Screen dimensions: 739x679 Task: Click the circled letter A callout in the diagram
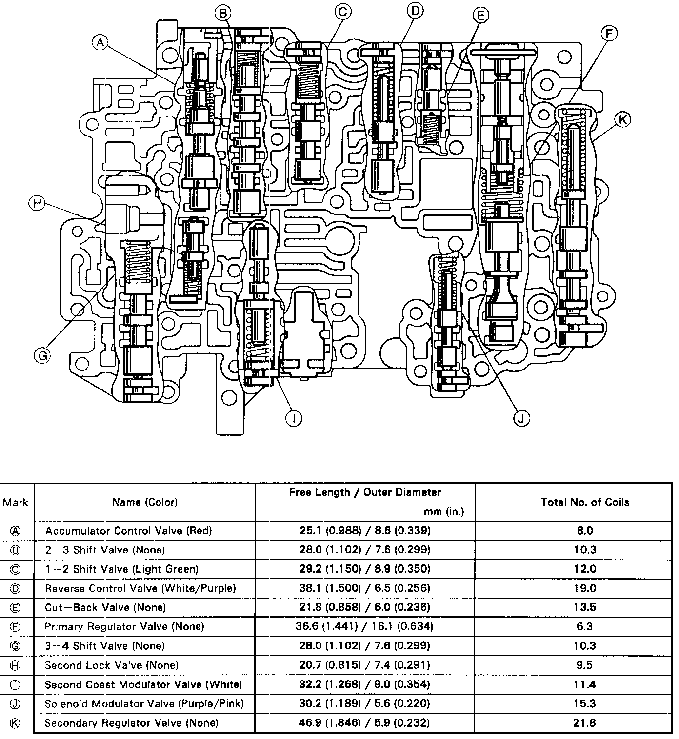pyautogui.click(x=100, y=43)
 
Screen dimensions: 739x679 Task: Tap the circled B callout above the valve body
pyautogui.click(x=223, y=13)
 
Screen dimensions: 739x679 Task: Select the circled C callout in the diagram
pyautogui.click(x=343, y=11)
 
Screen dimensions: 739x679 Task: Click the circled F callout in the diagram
pyautogui.click(x=609, y=34)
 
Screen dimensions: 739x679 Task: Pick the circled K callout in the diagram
pyautogui.click(x=623, y=119)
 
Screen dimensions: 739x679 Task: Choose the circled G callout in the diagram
pyautogui.click(x=42, y=356)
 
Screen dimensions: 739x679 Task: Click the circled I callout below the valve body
pyautogui.click(x=293, y=418)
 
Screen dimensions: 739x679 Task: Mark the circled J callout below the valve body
pyautogui.click(x=522, y=418)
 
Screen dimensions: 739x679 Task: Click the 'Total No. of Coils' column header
pyautogui.click(x=585, y=502)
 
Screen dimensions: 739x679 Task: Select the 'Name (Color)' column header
pyautogui.click(x=145, y=502)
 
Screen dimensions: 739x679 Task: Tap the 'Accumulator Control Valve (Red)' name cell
pyautogui.click(x=129, y=531)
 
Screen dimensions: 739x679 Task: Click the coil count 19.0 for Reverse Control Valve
pyautogui.click(x=584, y=588)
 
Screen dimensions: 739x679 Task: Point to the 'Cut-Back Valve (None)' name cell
pyautogui.click(x=106, y=607)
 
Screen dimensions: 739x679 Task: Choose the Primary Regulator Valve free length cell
pyautogui.click(x=364, y=626)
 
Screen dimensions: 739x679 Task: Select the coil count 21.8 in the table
pyautogui.click(x=584, y=723)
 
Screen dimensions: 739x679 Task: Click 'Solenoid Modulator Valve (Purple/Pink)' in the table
pyautogui.click(x=144, y=704)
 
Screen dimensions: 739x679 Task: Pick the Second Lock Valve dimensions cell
pyautogui.click(x=364, y=665)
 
